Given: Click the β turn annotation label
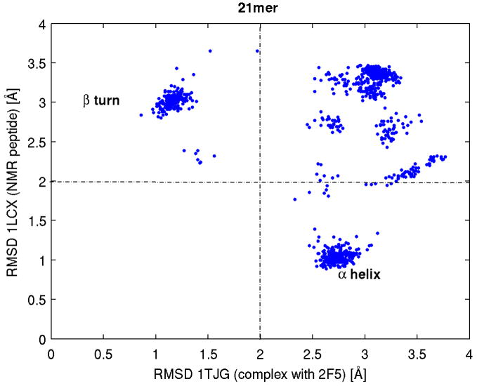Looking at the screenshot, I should [101, 101].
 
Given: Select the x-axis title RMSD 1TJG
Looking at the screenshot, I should [259, 371].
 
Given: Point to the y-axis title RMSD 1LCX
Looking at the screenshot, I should [13, 181].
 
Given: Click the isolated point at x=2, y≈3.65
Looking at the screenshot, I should [258, 51].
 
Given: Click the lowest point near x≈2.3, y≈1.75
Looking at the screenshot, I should [295, 199].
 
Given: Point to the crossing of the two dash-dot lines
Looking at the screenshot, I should [260, 182].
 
